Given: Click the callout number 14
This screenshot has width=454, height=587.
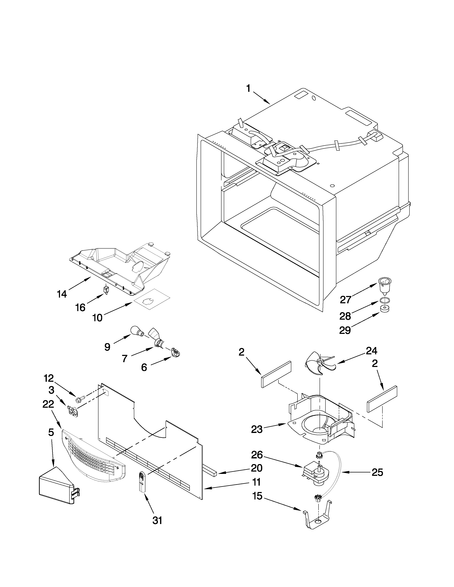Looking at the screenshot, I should (62, 294).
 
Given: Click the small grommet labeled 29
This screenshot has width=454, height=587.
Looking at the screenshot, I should (385, 309).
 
